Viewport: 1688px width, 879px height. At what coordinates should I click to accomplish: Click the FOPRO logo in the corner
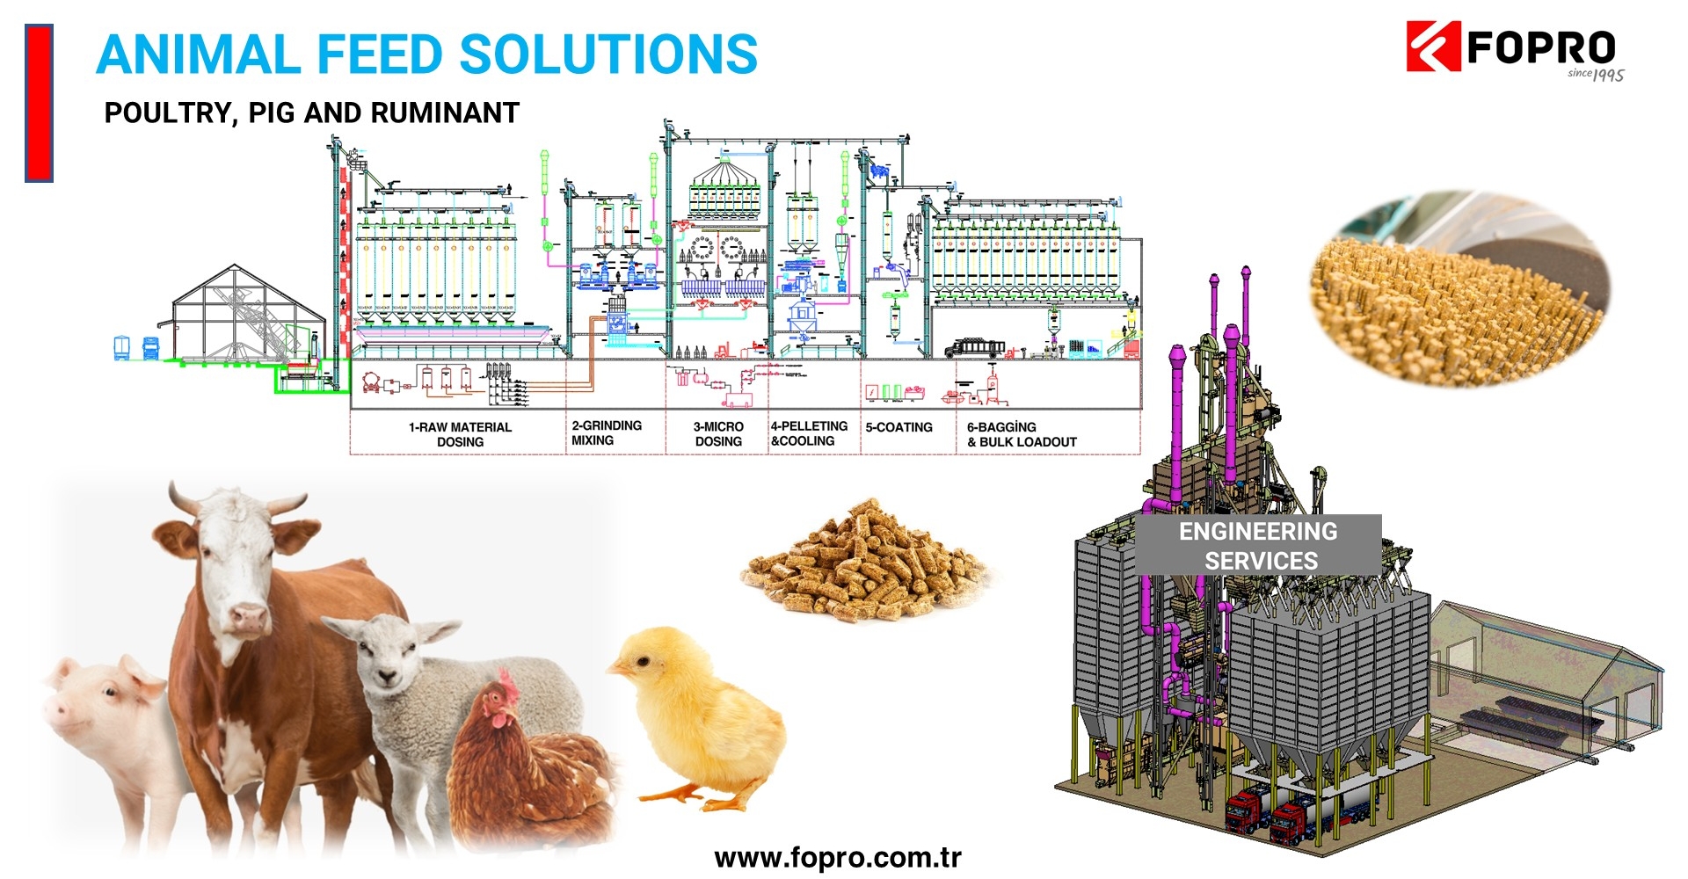coord(1512,48)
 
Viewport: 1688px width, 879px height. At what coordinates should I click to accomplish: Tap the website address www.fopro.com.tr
coord(838,858)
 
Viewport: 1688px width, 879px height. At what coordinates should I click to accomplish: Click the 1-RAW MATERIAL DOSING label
coord(460,434)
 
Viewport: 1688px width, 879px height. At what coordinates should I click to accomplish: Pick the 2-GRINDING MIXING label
coord(607,432)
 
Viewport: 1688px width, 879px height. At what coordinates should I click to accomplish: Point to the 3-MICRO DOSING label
coord(718,433)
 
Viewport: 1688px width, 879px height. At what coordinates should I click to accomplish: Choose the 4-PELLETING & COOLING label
coord(809,433)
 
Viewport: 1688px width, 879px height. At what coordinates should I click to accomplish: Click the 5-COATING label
coord(899,427)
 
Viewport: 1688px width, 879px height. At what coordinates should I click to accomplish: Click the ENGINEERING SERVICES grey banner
coord(1259,546)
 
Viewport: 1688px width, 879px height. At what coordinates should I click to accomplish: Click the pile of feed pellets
coord(866,563)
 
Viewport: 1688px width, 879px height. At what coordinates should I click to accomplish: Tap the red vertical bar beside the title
coord(39,103)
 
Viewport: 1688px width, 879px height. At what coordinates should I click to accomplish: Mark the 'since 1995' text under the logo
coord(1596,75)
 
